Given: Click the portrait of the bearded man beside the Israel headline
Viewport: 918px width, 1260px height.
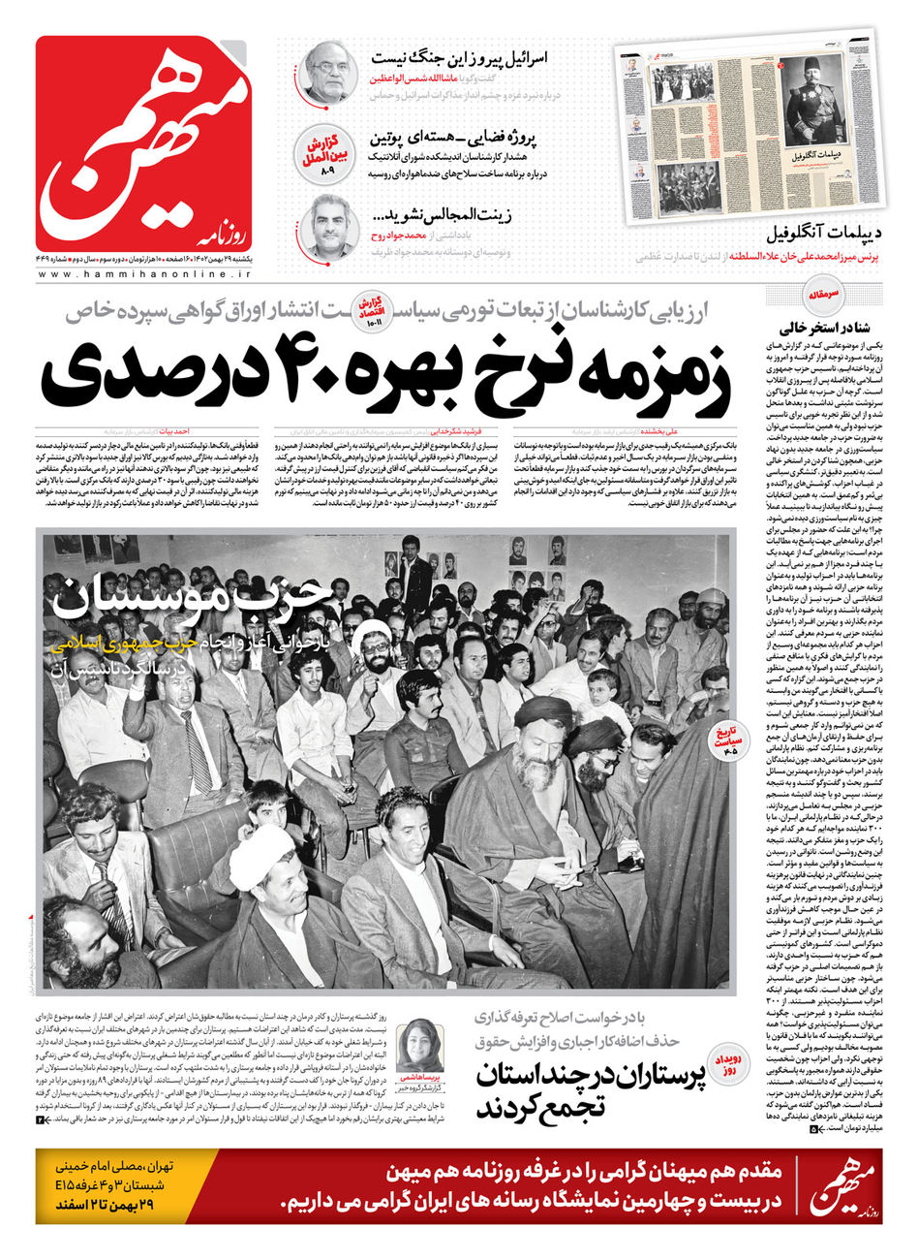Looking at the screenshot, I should coord(328,72).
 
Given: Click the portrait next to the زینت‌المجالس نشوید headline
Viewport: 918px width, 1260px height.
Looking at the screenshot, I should coord(328,227).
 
